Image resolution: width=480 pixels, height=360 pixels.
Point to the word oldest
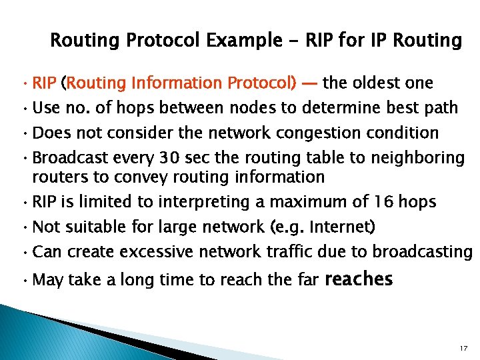pos(376,83)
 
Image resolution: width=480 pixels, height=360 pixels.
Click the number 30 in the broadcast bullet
pos(167,158)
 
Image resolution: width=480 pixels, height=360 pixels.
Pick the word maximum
pos(305,202)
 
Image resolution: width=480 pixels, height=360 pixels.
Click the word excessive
pos(166,251)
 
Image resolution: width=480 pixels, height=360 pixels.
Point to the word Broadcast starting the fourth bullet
pos(63,158)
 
